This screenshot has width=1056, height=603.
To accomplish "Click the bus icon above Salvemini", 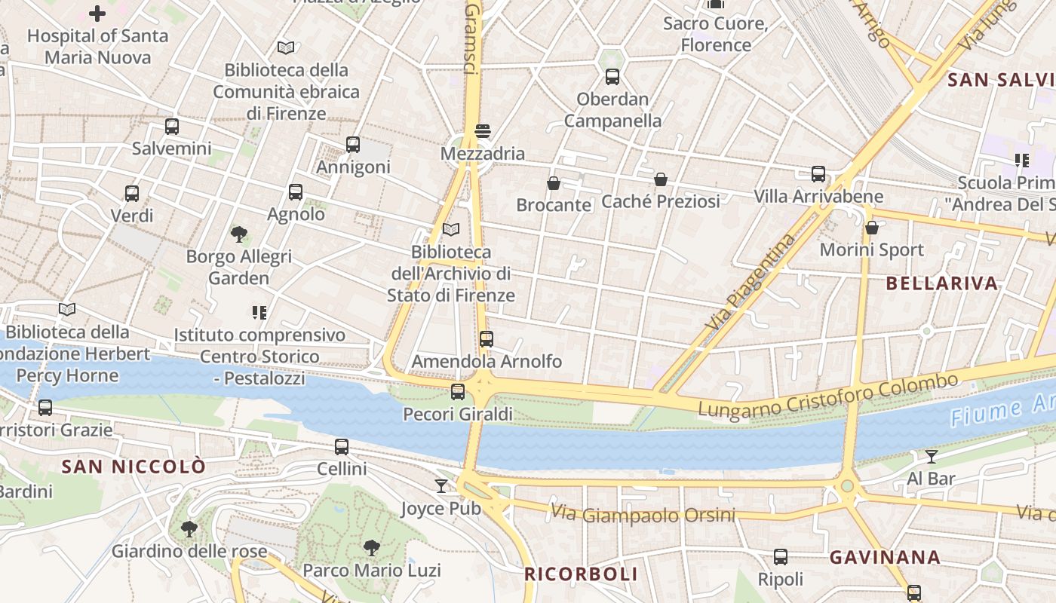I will pos(172,127).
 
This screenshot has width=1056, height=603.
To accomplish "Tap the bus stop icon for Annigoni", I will pos(353,145).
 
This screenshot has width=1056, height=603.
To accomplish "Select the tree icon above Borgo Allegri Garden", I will pos(240,234).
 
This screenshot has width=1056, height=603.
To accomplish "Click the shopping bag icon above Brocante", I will pos(554,182).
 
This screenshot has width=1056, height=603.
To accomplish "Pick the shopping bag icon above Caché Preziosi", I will pos(661,179).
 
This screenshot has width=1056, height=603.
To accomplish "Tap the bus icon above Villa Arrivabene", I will pos(818,174).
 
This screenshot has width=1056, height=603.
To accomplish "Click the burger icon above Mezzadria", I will pos(483,131).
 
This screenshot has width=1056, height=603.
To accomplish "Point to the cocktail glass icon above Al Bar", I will pos(932,456).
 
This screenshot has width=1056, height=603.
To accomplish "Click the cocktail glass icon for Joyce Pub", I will pos(441,486).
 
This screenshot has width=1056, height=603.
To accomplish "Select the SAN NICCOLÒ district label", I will pos(134,467).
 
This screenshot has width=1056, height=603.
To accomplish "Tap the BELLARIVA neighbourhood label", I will pos(942,283).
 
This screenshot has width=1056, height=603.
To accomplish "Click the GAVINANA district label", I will pos(885,558).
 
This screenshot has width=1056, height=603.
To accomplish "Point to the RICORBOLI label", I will pos(581,574).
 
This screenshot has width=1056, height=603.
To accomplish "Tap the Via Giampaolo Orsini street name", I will pos(643,515).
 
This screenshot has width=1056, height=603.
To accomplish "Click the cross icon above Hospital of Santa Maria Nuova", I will pos(97,13).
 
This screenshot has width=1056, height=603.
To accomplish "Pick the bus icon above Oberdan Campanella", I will pos(612,76).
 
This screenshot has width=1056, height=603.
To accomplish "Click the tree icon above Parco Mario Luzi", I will pos(371,547).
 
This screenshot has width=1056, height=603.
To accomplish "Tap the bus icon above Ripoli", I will pos(781,557).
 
